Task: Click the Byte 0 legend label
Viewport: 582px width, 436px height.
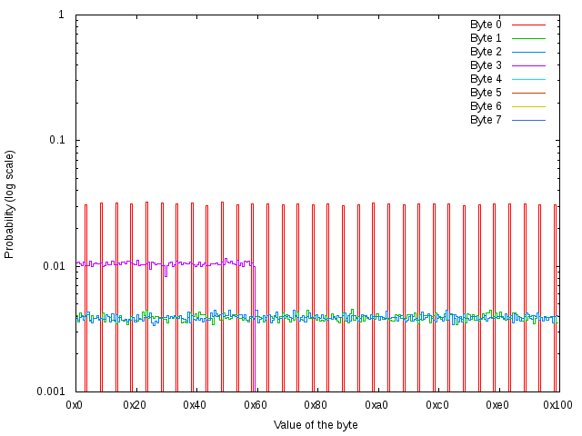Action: click(x=486, y=25)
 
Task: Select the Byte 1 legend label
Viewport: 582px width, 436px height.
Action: click(x=486, y=38)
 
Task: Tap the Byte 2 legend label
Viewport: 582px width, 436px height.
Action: click(x=486, y=52)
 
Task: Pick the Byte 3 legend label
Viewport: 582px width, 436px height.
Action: click(x=486, y=65)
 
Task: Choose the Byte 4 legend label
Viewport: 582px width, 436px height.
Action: click(x=486, y=79)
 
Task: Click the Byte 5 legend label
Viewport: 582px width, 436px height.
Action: click(x=486, y=93)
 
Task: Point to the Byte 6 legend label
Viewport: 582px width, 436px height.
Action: click(x=486, y=106)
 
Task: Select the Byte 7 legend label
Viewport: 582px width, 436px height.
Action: click(x=486, y=120)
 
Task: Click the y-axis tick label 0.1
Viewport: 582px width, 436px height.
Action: click(x=55, y=141)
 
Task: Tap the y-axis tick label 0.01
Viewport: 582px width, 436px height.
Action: click(x=53, y=266)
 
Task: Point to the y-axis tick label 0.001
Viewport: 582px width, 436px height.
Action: click(x=50, y=391)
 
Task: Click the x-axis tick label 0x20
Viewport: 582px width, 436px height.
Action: click(x=135, y=404)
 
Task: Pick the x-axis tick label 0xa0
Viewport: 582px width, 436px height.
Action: click(x=376, y=404)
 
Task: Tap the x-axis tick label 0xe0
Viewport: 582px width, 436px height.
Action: click(x=497, y=404)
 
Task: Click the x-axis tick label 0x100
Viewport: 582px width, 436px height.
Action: click(x=557, y=404)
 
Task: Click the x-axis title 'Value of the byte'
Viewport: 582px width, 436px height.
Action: click(x=316, y=425)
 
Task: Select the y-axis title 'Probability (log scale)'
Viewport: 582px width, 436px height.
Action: click(x=10, y=203)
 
